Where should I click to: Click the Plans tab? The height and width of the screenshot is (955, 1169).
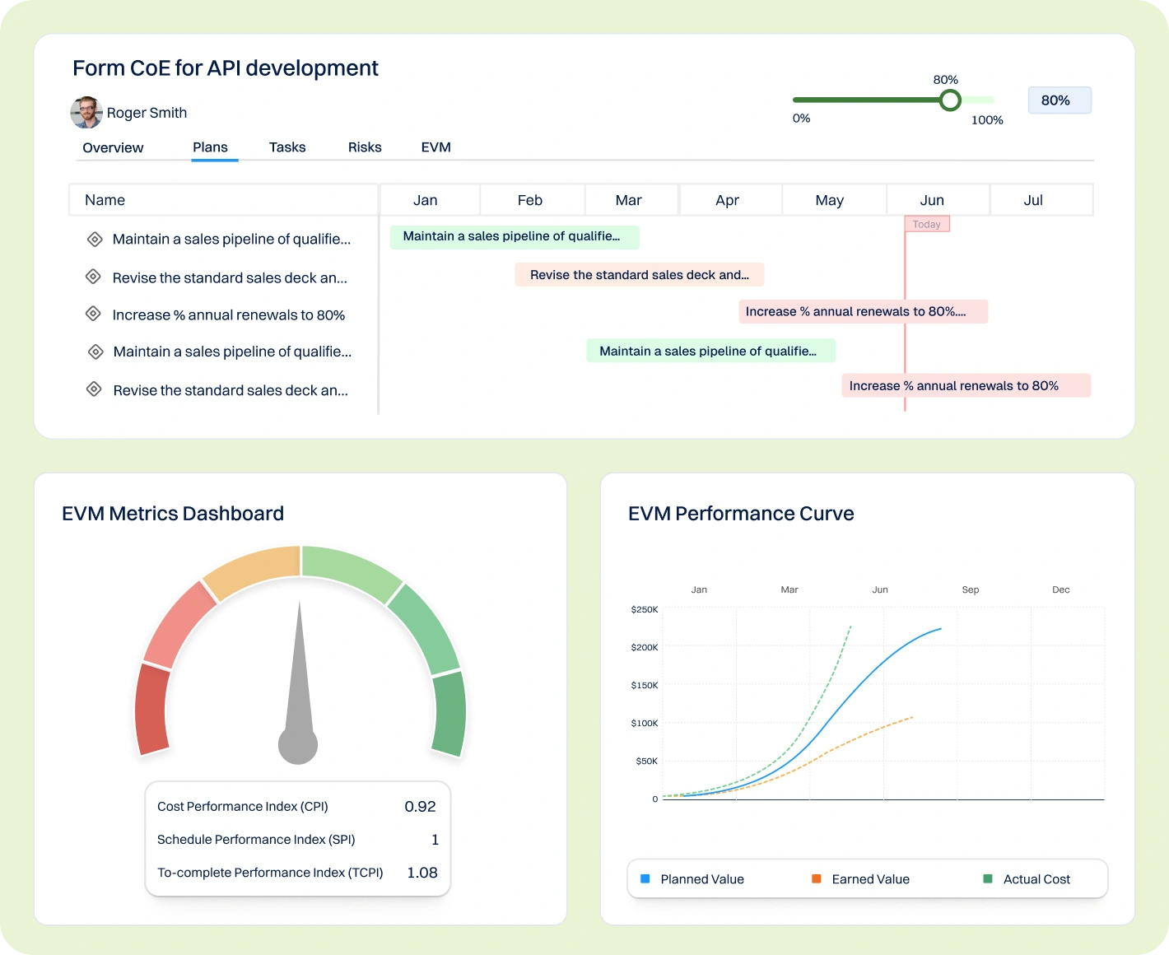210,147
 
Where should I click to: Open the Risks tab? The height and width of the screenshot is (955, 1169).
365,147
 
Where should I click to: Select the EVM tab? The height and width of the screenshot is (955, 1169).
435,147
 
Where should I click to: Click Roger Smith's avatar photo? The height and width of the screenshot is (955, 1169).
86,113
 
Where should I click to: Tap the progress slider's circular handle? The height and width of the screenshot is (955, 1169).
950,100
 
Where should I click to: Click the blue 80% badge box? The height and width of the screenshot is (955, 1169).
1059,100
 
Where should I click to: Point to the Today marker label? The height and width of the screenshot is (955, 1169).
927,224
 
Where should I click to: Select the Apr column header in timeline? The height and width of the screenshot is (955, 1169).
727,200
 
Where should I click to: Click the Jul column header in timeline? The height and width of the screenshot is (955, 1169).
1033,200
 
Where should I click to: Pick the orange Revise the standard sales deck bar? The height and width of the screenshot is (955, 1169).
639,275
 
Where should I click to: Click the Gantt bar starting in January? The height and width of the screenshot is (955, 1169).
514,237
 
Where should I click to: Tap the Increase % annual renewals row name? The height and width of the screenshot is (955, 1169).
228,315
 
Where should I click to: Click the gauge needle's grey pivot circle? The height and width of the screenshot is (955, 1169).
298,744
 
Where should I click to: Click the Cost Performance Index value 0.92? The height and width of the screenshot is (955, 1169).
420,807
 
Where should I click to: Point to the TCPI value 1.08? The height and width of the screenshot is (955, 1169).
421,873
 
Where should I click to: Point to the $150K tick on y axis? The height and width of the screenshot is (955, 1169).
645,685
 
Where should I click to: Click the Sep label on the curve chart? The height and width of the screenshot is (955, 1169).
971,589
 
